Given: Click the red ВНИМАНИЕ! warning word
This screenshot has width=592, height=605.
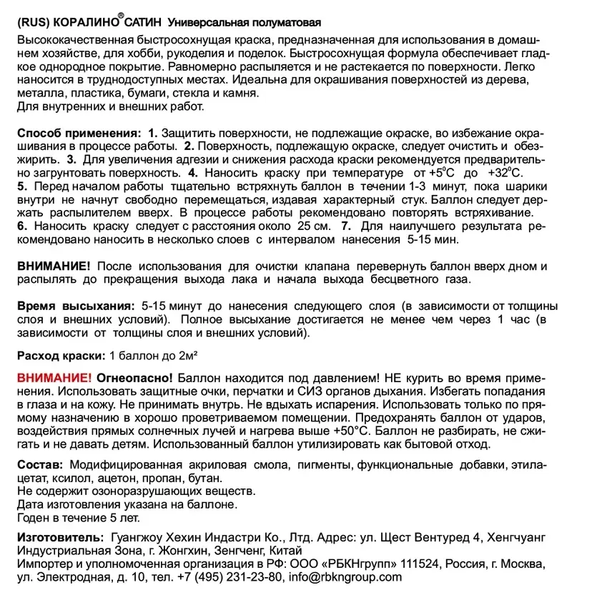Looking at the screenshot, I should point(54,376).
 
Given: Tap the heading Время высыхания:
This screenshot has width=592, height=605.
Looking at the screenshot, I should point(77,306).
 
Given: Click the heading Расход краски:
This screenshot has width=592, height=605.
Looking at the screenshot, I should point(59,355).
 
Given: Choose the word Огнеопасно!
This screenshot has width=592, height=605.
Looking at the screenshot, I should point(134,376).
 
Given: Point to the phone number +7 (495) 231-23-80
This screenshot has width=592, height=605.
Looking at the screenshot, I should point(220,577).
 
